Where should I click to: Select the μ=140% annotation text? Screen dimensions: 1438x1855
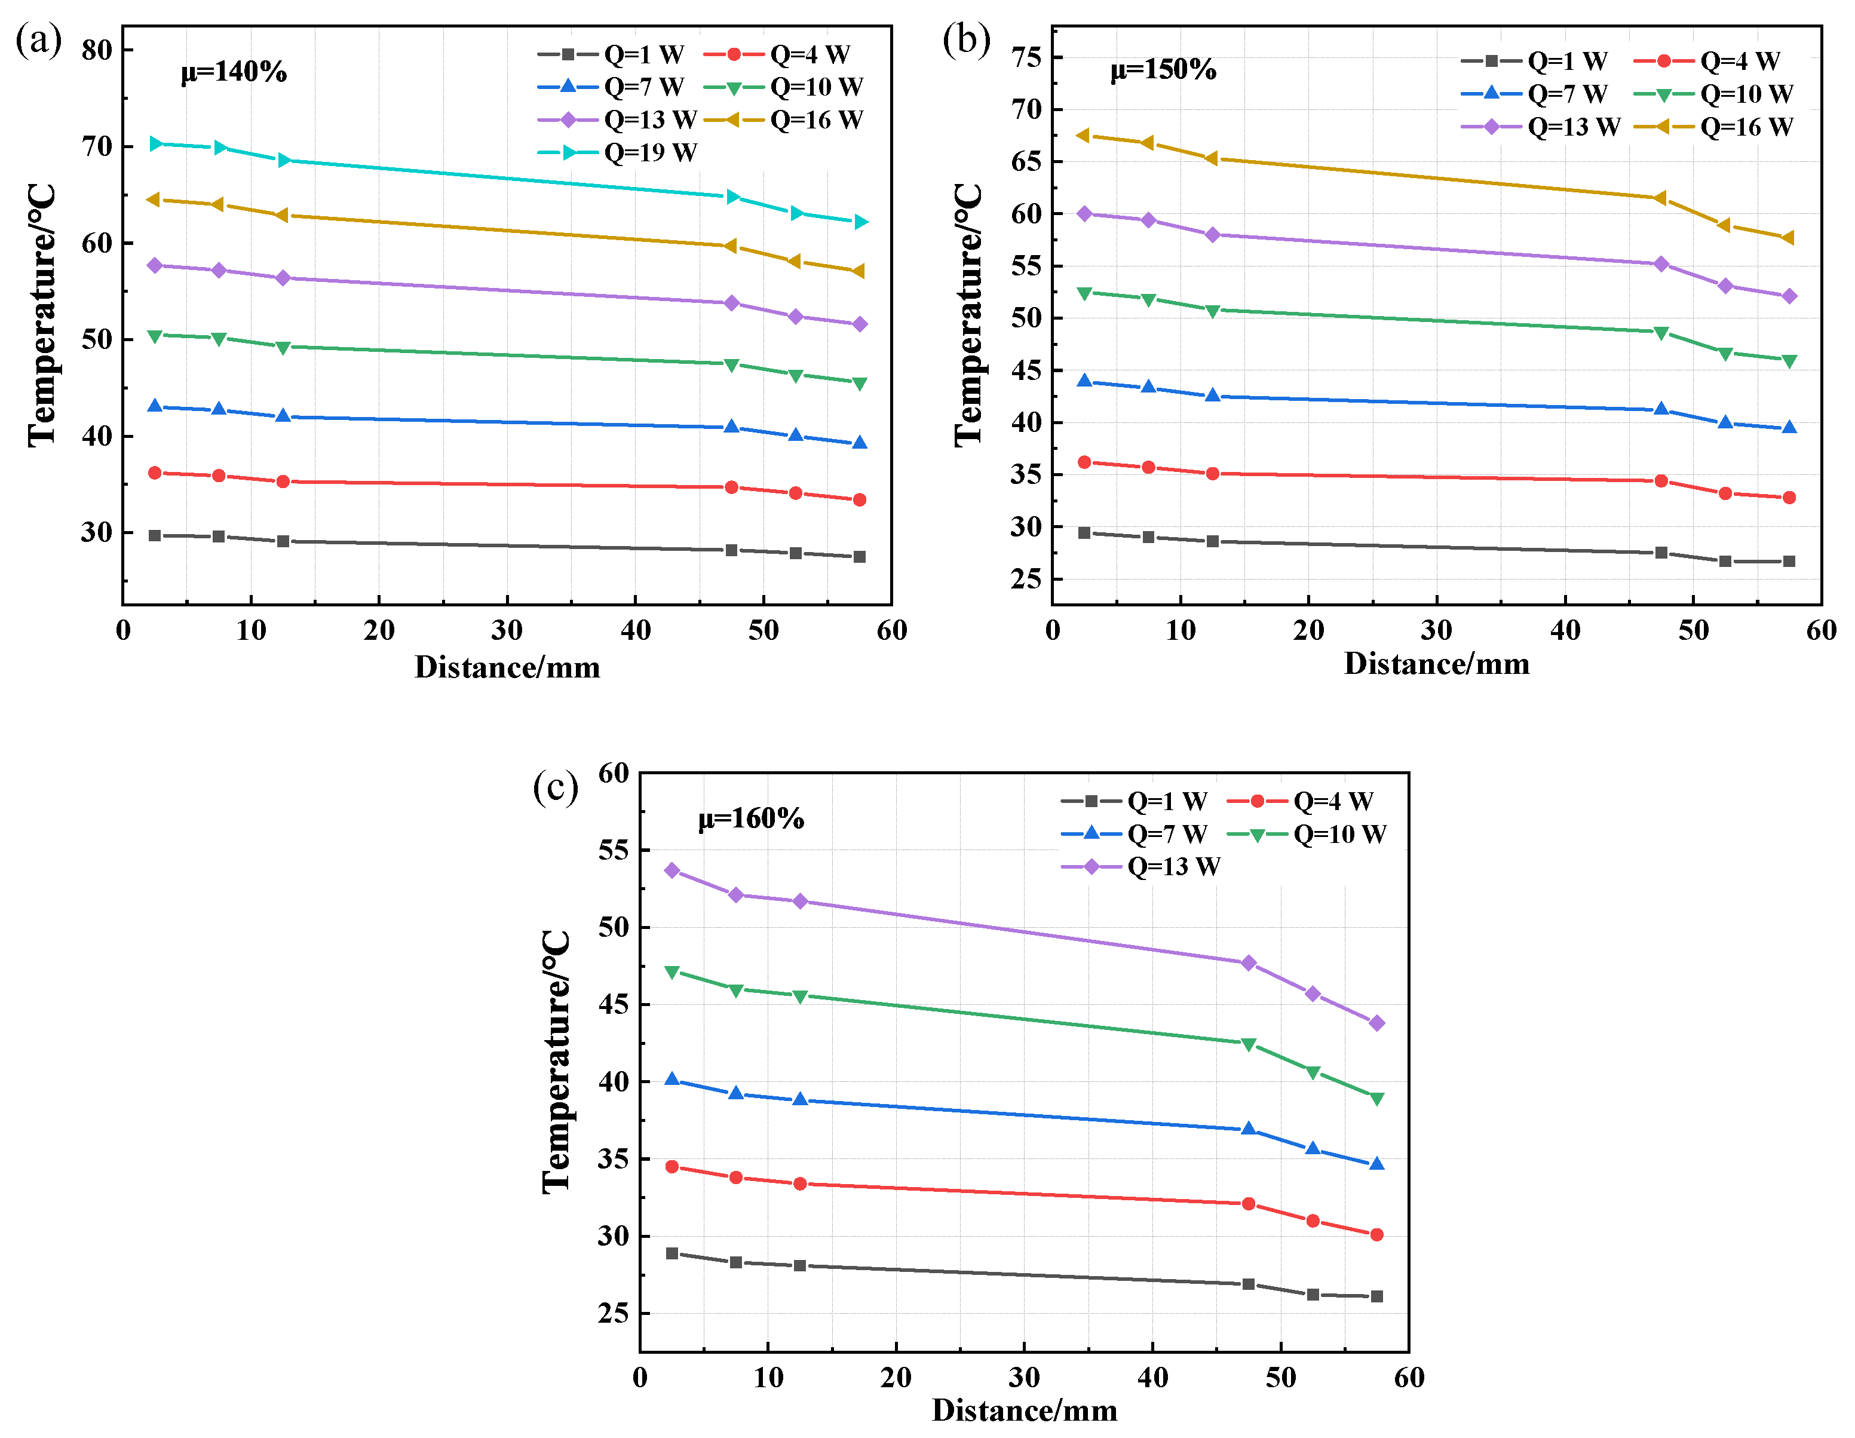[x=234, y=72]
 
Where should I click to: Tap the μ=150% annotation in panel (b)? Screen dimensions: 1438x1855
[x=1163, y=70]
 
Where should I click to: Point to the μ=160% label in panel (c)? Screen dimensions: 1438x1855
[x=751, y=819]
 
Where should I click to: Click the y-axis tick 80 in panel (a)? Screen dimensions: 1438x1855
[x=97, y=50]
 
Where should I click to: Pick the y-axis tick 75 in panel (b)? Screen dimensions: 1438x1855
[x=1026, y=58]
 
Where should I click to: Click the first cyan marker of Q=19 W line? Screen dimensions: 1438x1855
[x=155, y=145]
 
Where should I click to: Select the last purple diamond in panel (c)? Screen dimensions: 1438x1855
[x=1377, y=1023]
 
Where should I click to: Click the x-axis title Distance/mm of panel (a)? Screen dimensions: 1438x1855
[x=507, y=667]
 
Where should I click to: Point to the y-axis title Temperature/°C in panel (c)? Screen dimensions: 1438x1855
[x=556, y=1062]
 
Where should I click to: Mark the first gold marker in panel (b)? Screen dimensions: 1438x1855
[x=1083, y=136]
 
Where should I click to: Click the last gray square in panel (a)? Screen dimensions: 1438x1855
[x=860, y=557]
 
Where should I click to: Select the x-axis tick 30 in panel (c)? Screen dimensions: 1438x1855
[x=1025, y=1378]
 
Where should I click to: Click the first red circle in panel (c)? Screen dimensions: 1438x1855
[x=672, y=1167]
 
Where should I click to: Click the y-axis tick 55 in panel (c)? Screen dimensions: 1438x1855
[x=613, y=850]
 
